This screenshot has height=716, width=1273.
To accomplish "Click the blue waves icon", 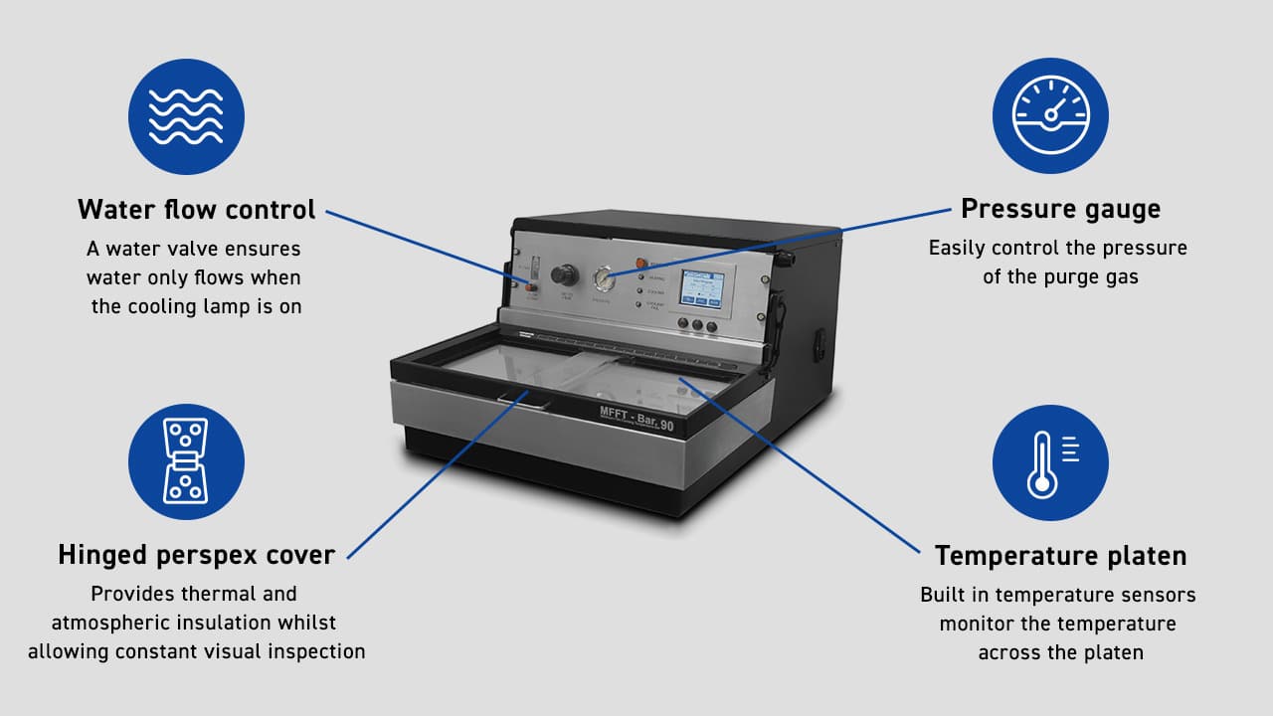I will [x=186, y=116].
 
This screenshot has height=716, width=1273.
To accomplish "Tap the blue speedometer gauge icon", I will [x=1050, y=116].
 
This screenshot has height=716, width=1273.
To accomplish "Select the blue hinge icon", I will [x=186, y=461].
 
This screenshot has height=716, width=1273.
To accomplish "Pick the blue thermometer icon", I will [x=1050, y=461].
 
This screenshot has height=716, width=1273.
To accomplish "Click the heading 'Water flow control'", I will [x=197, y=210].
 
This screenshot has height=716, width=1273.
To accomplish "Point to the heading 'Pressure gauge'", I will [x=1060, y=210].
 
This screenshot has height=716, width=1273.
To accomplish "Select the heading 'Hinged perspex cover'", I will [x=196, y=555].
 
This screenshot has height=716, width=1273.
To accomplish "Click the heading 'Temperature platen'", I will [x=1060, y=555].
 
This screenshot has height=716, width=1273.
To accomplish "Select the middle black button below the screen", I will [x=696, y=325].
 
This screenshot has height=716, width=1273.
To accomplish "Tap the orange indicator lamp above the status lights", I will [x=642, y=264].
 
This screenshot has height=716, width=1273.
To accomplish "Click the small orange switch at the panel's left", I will [x=530, y=287].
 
